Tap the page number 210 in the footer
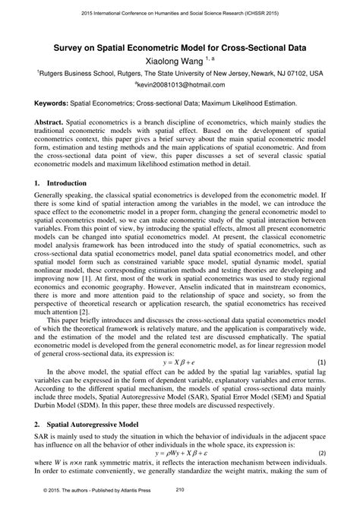click(x=180, y=490)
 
